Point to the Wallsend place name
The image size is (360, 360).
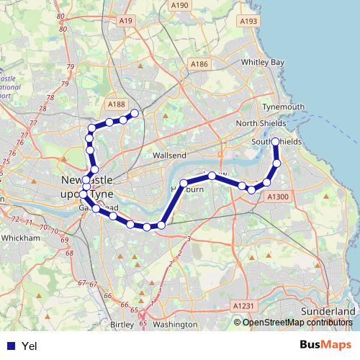[x=170, y=155]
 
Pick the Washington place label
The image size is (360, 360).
[x=175, y=325]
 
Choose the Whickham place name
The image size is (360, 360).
[x=22, y=237]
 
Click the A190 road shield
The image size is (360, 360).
[x=179, y=6]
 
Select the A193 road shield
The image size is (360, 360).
[x=249, y=22]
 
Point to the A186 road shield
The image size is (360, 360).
[x=199, y=65]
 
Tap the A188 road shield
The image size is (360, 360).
[x=115, y=104]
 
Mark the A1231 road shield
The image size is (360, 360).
[x=244, y=306]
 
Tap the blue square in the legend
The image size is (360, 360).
[x=11, y=346]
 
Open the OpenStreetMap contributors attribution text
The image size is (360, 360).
[x=298, y=322]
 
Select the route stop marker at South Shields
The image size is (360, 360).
[x=275, y=142]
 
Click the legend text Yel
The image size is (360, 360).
[x=30, y=346]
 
